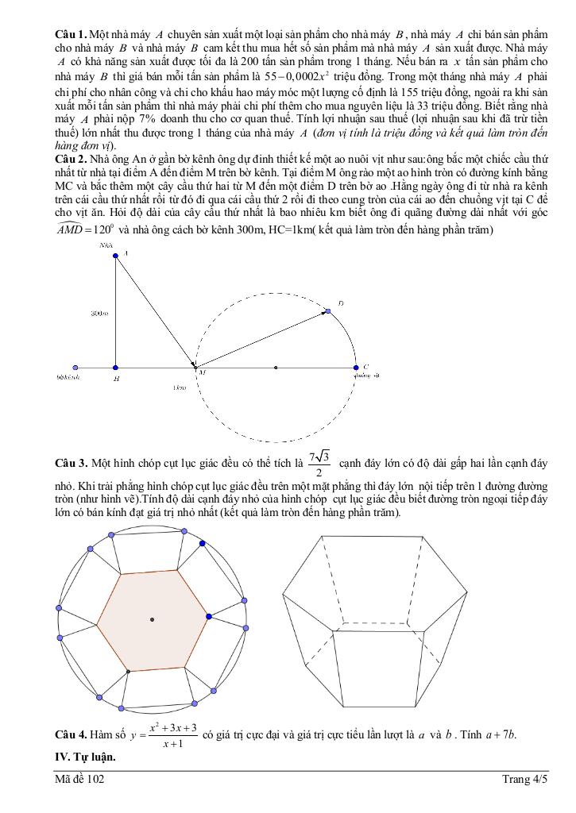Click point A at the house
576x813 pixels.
(x=116, y=255)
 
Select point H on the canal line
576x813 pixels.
(x=116, y=368)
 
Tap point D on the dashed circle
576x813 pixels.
(x=327, y=311)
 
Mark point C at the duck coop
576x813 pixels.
(x=355, y=368)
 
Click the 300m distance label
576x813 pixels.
(x=99, y=314)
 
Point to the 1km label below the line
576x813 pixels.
(x=180, y=387)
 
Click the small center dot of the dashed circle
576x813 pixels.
(x=276, y=368)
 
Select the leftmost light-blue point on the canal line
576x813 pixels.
(x=75, y=368)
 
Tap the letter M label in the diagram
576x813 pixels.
(x=202, y=372)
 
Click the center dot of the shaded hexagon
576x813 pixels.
(x=152, y=619)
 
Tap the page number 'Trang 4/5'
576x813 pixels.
(x=525, y=780)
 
